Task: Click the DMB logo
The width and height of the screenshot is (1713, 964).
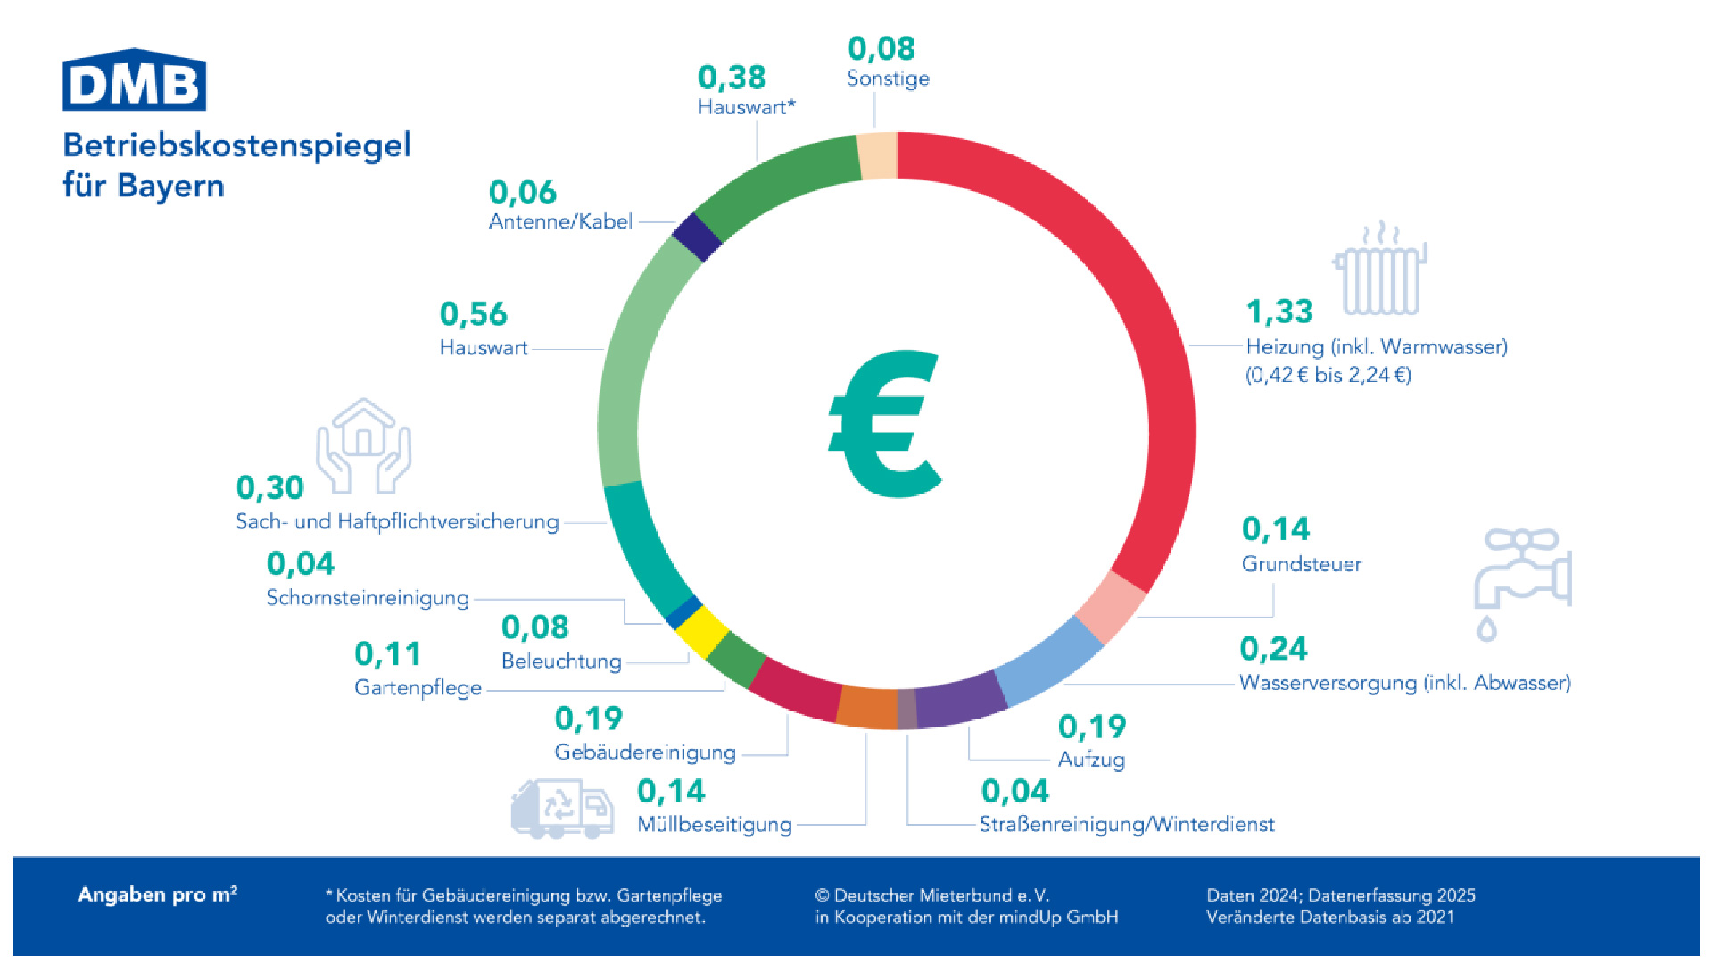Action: pos(134,81)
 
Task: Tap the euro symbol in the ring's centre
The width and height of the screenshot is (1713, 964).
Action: pos(885,424)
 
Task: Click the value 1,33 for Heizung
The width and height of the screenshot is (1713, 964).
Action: pos(1279,312)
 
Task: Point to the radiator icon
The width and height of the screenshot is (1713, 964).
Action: pos(1380,270)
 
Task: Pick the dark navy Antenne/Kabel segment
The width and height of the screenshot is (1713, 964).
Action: pos(697,237)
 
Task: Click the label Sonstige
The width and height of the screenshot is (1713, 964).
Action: pos(888,79)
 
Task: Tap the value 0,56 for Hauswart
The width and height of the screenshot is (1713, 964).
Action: pos(473,314)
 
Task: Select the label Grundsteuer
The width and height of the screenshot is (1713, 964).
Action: pos(1302,564)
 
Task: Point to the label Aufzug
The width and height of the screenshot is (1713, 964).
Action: pos(1091,760)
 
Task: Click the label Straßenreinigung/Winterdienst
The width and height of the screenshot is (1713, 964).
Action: pos(1127,824)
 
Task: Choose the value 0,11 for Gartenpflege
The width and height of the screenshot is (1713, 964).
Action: pos(387,654)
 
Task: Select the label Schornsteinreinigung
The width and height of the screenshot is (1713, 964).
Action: pos(368,597)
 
